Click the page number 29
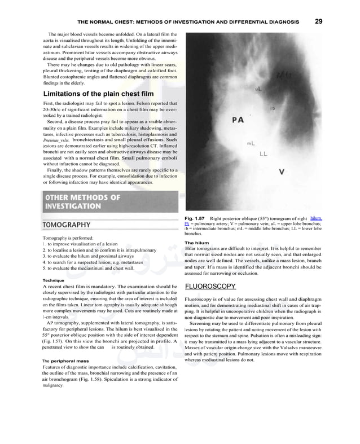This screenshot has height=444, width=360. [x=318, y=21]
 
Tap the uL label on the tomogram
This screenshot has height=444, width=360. [x=258, y=89]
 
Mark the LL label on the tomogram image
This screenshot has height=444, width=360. [x=264, y=153]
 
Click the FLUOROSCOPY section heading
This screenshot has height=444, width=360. [x=210, y=286]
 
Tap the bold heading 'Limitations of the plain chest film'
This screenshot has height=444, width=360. [x=98, y=94]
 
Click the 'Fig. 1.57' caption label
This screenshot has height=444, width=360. [x=195, y=218]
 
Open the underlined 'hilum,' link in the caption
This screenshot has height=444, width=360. [x=315, y=218]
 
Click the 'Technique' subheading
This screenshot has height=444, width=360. [x=54, y=280]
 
